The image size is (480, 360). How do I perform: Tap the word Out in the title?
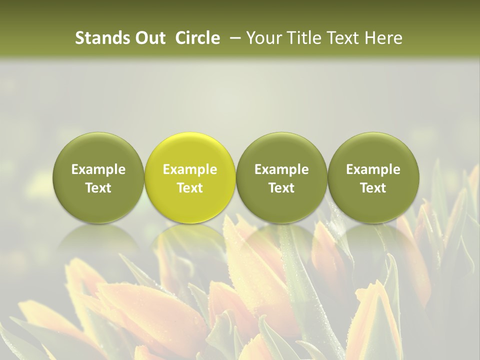pyautogui.click(x=148, y=38)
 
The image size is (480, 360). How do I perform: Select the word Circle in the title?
pyautogui.click(x=197, y=38)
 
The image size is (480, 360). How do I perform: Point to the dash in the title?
pyautogui.click(x=233, y=38)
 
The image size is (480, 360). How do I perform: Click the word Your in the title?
pyautogui.click(x=262, y=38)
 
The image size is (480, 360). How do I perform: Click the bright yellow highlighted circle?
pyautogui.click(x=190, y=150)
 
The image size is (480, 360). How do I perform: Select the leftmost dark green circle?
pyautogui.click(x=98, y=150)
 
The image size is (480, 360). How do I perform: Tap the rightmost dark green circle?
pyautogui.click(x=373, y=150)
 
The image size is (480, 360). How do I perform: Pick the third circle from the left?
pyautogui.click(x=281, y=150)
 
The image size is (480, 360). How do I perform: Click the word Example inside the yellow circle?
pyautogui.click(x=190, y=169)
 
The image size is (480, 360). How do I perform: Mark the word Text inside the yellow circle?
pyautogui.click(x=190, y=188)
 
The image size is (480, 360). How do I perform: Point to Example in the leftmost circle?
pyautogui.click(x=98, y=169)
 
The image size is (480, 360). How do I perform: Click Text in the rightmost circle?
pyautogui.click(x=373, y=188)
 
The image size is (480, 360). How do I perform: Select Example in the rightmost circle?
pyautogui.click(x=373, y=169)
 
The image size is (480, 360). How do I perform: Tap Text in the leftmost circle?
pyautogui.click(x=98, y=188)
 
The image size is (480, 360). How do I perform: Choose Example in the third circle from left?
pyautogui.click(x=281, y=169)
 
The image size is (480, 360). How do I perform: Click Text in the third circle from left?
pyautogui.click(x=281, y=188)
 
